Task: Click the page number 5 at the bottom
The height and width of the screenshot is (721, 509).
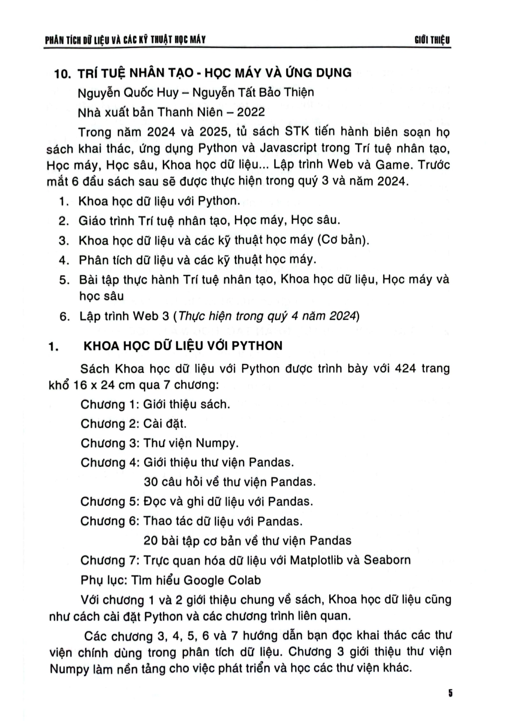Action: click(450, 693)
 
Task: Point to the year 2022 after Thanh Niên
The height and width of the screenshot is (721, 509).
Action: click(247, 112)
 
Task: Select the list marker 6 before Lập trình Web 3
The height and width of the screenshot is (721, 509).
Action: click(62, 317)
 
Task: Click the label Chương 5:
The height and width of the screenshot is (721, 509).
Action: click(110, 502)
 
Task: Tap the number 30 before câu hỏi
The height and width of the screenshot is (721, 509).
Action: click(151, 482)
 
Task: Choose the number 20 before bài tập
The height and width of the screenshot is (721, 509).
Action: click(151, 541)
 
